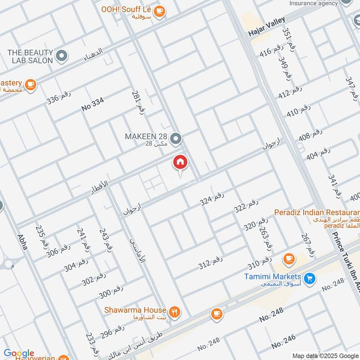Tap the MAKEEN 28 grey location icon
(177, 139)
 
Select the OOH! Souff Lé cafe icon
(159, 12)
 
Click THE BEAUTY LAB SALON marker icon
(63, 56)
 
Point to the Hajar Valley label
(266, 33)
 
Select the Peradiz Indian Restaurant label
(318, 211)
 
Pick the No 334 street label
(93, 105)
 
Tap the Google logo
(19, 353)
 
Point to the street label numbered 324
(212, 198)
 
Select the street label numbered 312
(211, 263)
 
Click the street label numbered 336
(59, 98)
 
